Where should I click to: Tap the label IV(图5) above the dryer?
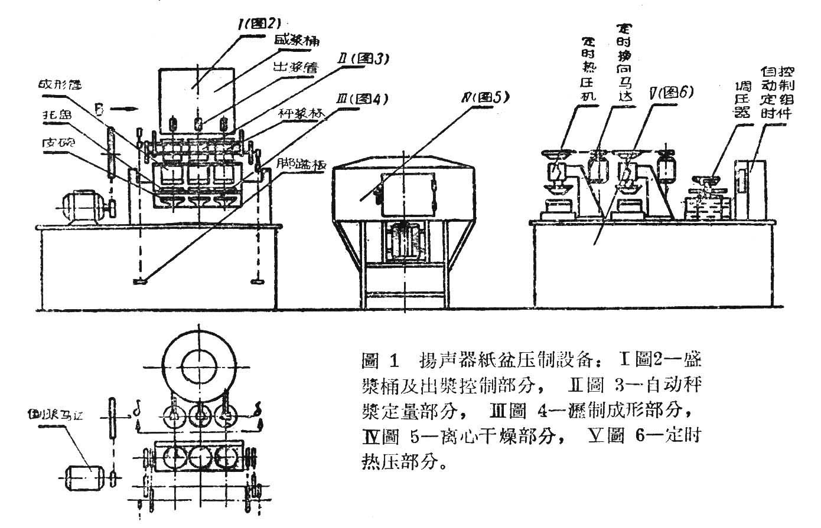click(485, 96)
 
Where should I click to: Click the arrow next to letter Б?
click(123, 109)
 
